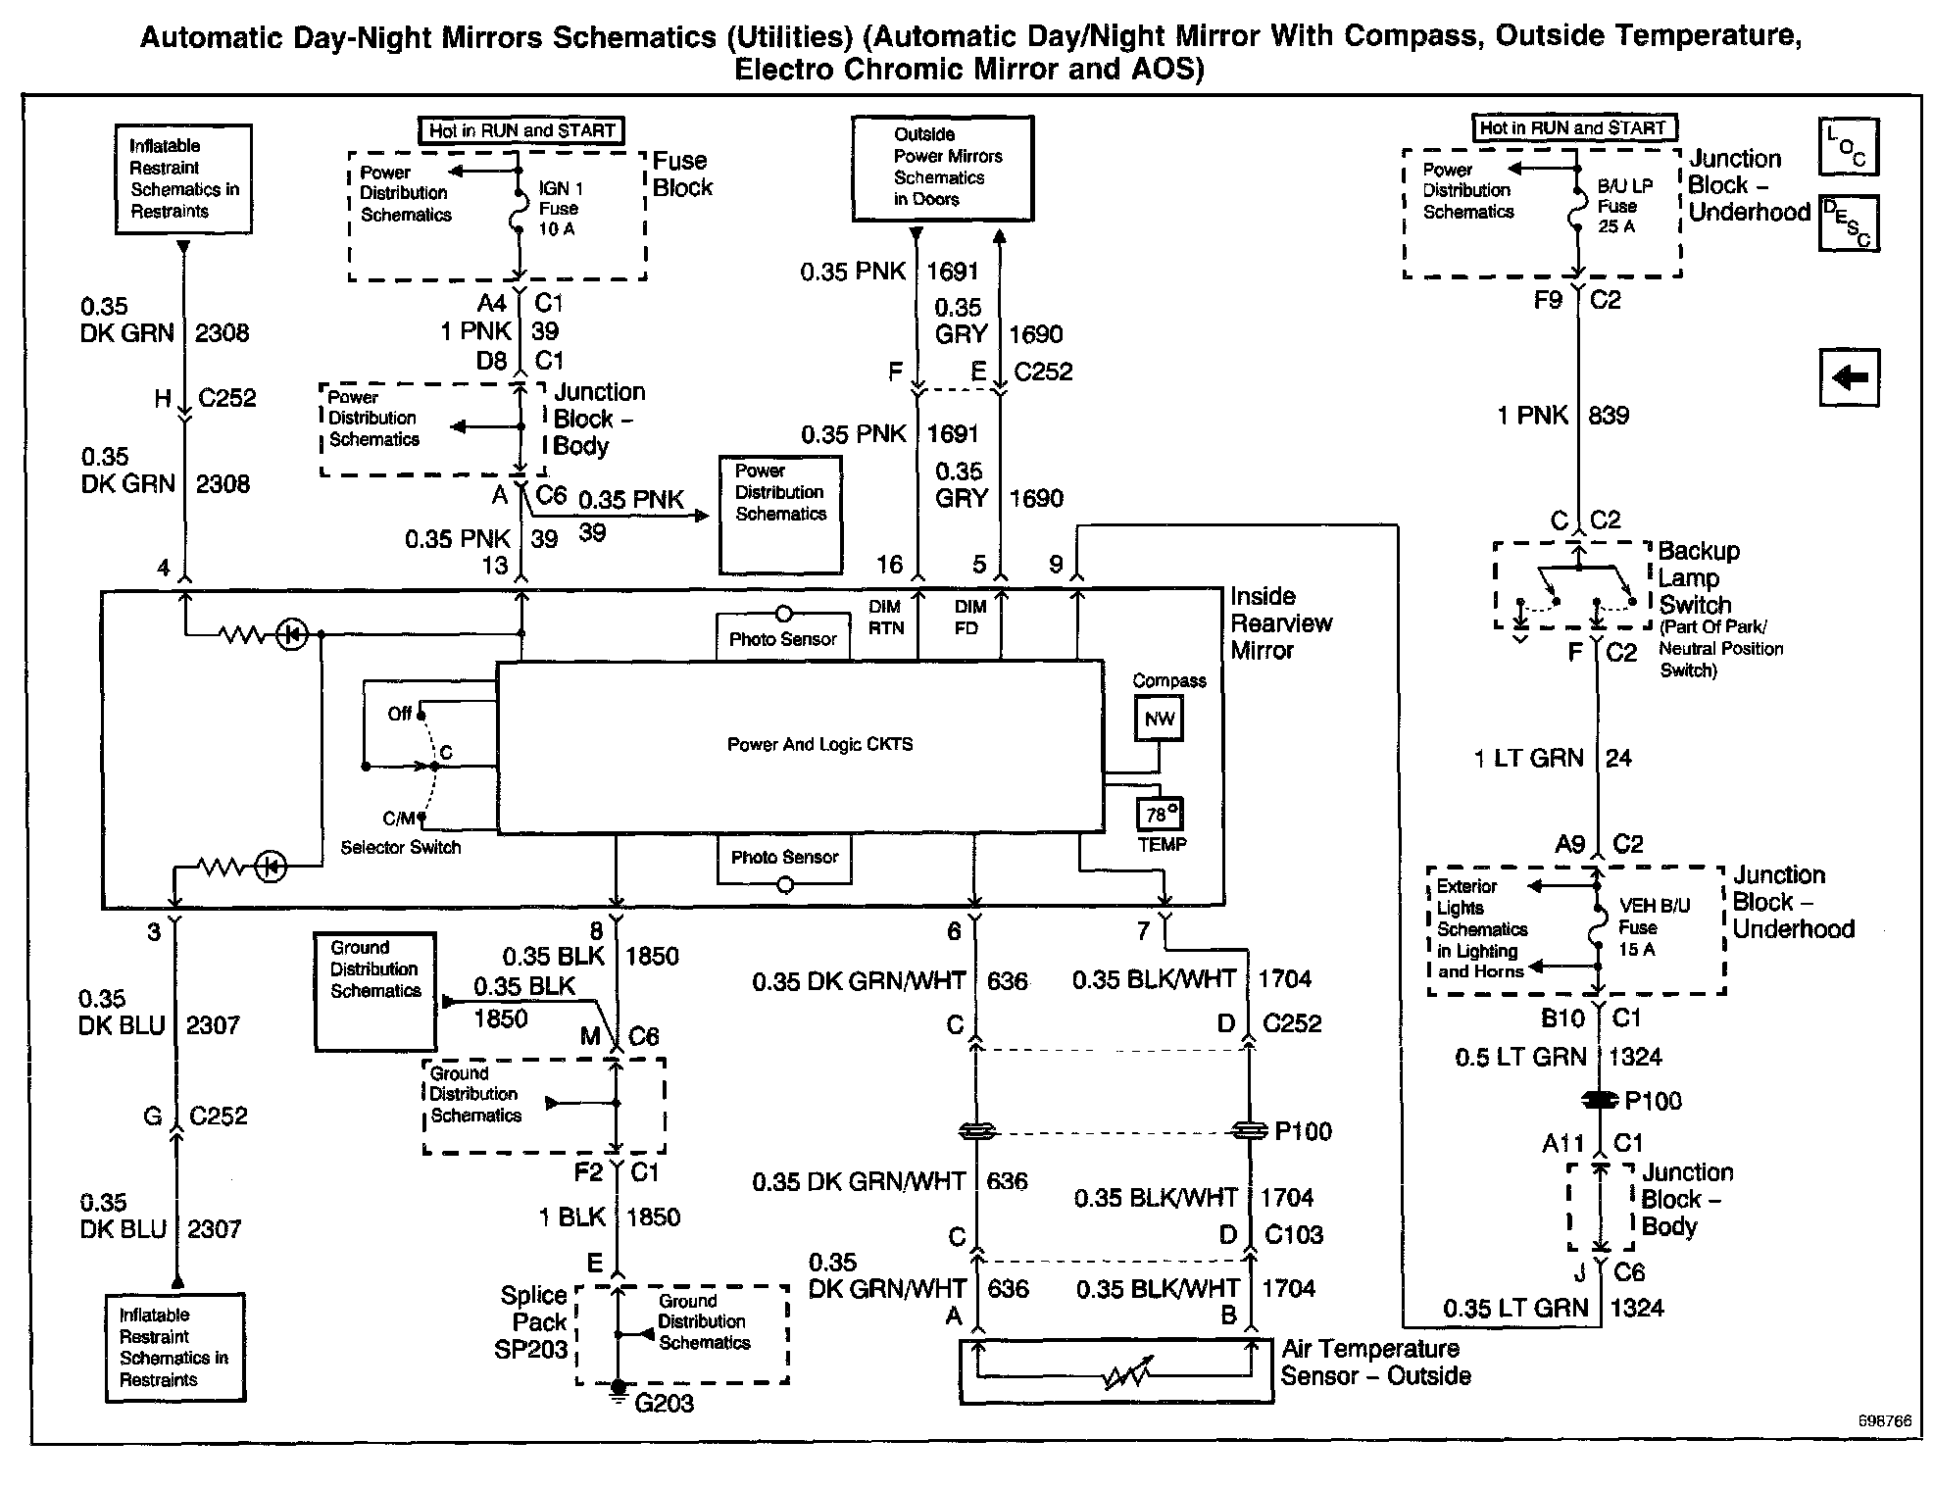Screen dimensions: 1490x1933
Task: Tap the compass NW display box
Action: point(1159,719)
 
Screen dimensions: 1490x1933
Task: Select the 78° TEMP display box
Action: point(1160,814)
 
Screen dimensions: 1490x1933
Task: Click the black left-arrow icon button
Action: point(1849,377)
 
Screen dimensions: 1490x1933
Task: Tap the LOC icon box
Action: point(1848,147)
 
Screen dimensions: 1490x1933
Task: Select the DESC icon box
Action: point(1848,223)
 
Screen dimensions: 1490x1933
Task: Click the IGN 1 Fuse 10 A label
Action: point(560,209)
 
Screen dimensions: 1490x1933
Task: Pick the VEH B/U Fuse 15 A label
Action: point(1654,927)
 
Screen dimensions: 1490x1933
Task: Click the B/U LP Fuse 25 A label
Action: point(1624,206)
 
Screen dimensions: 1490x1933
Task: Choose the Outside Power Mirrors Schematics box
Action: point(942,168)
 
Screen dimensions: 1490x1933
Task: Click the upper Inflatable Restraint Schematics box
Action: point(183,178)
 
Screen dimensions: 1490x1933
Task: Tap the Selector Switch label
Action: point(400,847)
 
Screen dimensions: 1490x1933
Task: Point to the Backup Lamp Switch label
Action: point(1699,578)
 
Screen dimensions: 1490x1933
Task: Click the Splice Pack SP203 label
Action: point(533,1322)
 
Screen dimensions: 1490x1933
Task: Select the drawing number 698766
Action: point(1883,1421)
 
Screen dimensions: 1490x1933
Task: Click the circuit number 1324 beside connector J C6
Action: point(1636,1308)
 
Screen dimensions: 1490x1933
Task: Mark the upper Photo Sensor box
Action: point(782,639)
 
